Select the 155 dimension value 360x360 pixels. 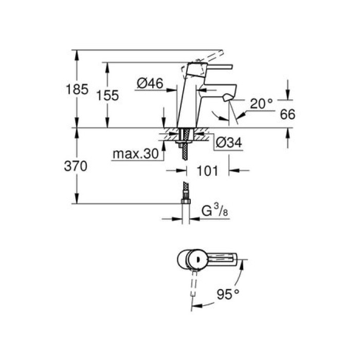coord(109,95)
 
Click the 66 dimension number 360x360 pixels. coord(289,115)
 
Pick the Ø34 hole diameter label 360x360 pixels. coord(227,143)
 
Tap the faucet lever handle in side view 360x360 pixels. coord(213,67)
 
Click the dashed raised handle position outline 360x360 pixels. coord(206,58)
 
